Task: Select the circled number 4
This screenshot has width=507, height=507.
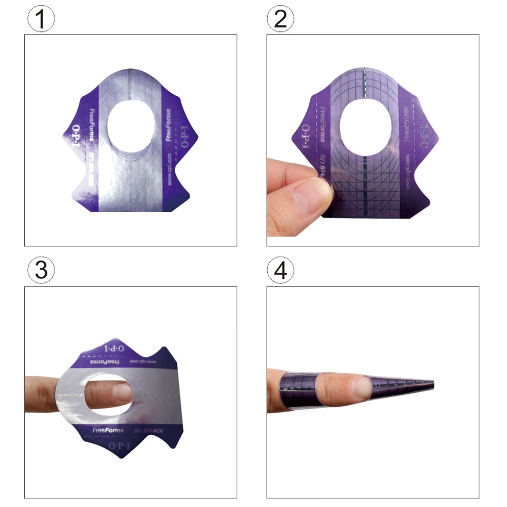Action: tap(280, 271)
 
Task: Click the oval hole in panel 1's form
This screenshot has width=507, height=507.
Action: tap(131, 127)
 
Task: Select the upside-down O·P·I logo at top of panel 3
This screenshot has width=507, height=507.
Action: tap(115, 349)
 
